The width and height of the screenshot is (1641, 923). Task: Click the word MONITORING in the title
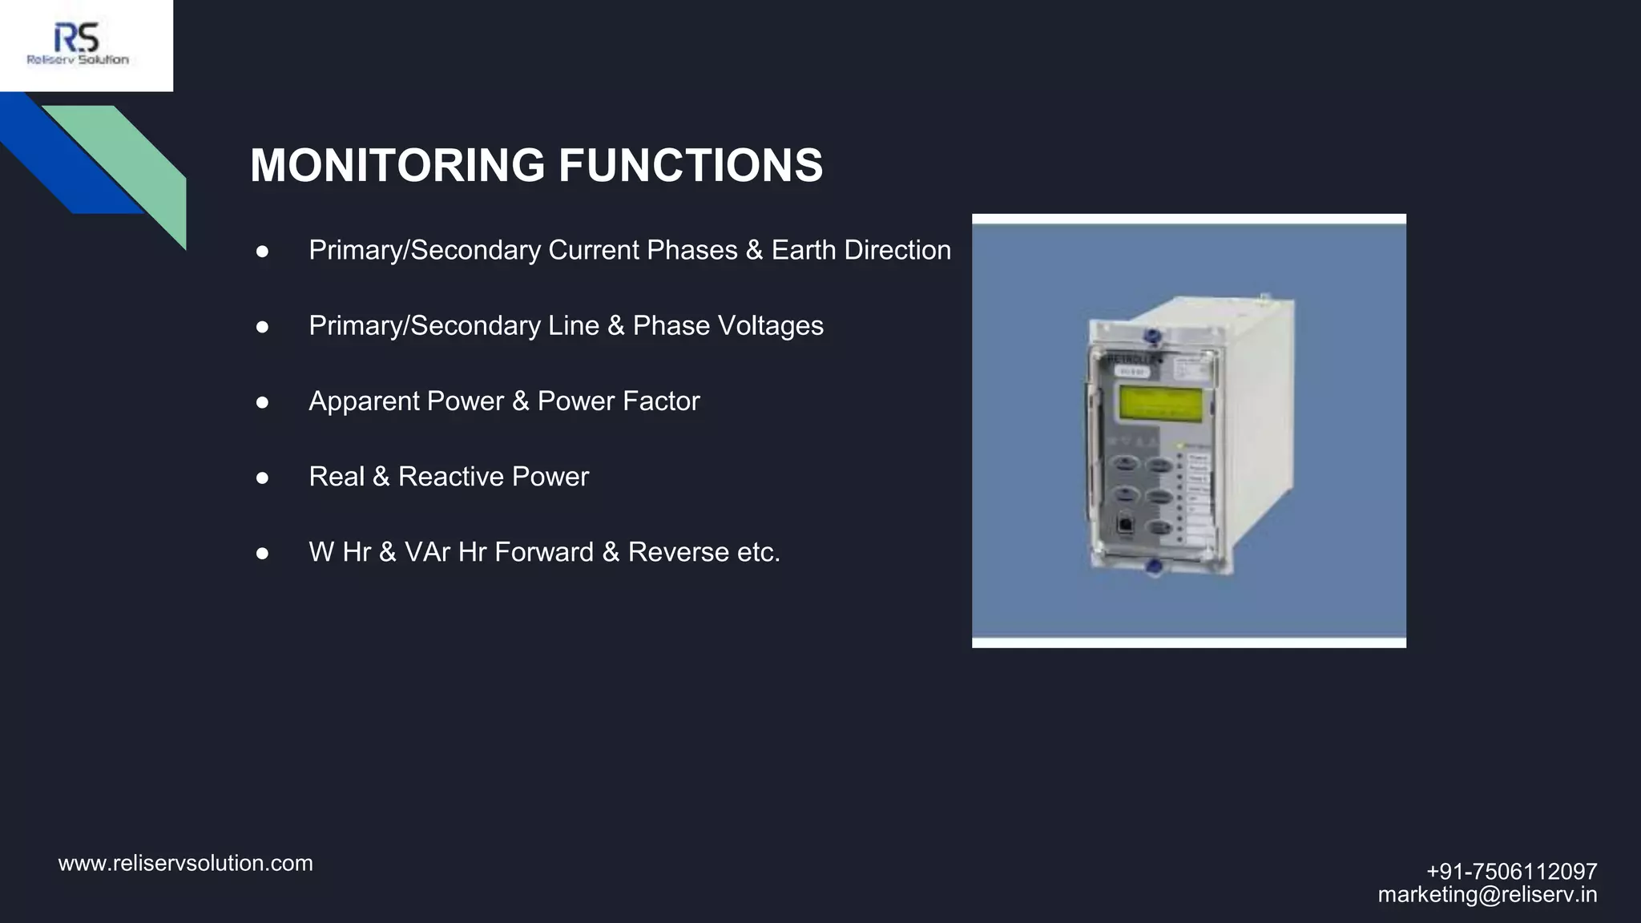pyautogui.click(x=397, y=165)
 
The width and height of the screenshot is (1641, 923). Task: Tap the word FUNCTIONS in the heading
pyautogui.click(x=690, y=165)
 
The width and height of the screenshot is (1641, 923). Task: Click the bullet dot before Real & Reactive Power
pyautogui.click(x=262, y=478)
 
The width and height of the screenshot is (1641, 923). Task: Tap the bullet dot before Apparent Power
pyautogui.click(x=262, y=402)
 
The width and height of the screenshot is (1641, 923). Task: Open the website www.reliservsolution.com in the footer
pyautogui.click(x=186, y=864)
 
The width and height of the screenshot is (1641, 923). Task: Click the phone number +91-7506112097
pyautogui.click(x=1511, y=871)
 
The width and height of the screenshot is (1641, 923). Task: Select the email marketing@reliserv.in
pyautogui.click(x=1487, y=894)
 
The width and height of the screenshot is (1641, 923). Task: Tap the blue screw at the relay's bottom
pyautogui.click(x=1154, y=566)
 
